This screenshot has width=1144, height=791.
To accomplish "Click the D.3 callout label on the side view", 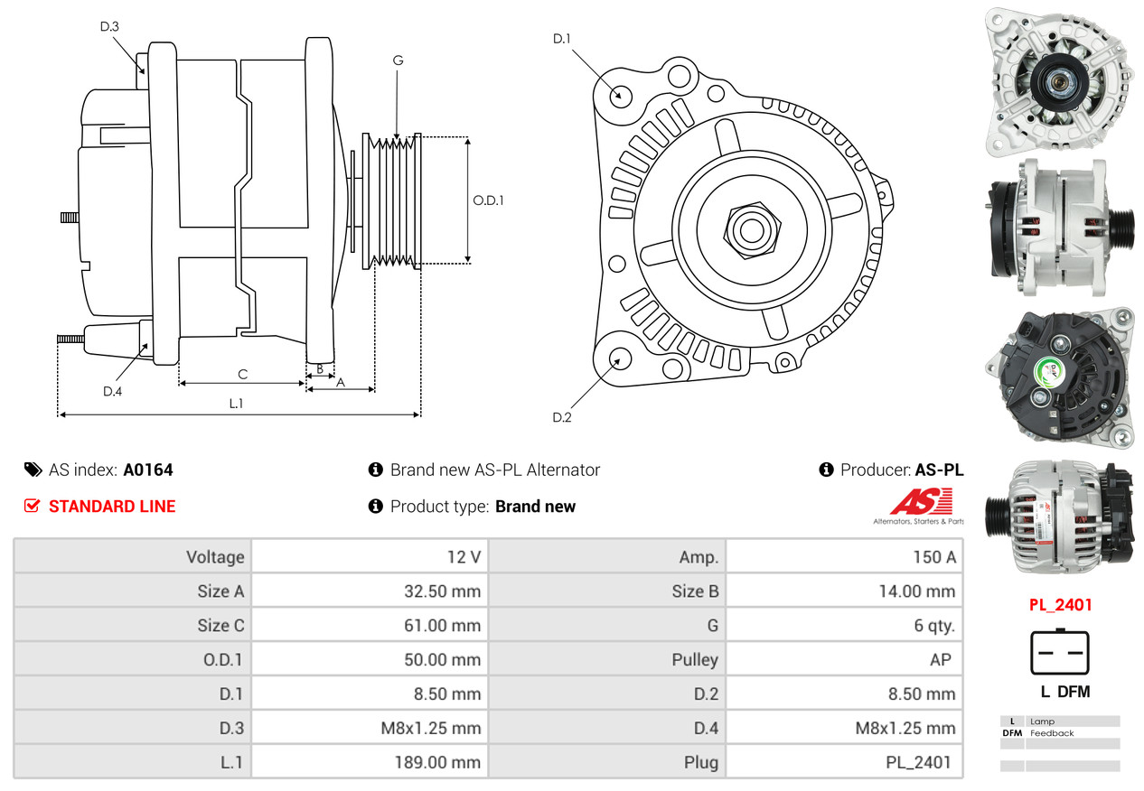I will [109, 27].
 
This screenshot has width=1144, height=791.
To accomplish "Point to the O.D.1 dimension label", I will [488, 200].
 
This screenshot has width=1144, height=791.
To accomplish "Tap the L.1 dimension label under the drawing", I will [236, 404].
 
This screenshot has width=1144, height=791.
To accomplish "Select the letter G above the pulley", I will [398, 60].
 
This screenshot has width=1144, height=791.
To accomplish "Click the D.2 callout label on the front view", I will [562, 417].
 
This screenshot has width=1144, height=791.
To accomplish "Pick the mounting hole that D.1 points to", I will [620, 95].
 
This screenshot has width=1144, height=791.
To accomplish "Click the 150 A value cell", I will [933, 557].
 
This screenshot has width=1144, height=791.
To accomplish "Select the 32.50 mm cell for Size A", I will [442, 591].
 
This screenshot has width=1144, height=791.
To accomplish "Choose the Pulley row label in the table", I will [695, 659].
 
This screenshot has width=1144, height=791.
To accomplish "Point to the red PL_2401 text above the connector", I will [1060, 605].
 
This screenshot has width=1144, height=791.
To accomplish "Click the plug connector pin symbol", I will [1060, 652].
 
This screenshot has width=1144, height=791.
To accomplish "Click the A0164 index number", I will [148, 470].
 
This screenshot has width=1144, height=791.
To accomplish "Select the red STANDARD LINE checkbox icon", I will [33, 506].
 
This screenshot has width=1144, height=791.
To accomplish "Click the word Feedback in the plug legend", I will [1052, 733].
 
